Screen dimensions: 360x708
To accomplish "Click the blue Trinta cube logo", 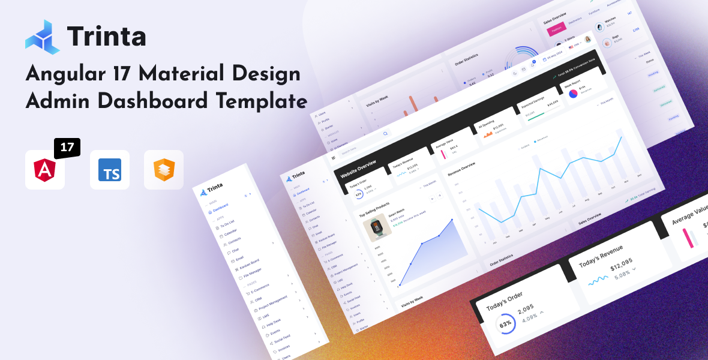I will [43, 36].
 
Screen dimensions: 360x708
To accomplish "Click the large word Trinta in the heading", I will [107, 36].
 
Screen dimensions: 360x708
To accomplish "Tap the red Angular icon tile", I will [45, 170].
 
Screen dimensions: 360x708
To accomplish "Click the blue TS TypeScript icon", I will [110, 170].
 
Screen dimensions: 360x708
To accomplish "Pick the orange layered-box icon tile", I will [164, 170].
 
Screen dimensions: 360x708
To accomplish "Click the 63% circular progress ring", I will [506, 325].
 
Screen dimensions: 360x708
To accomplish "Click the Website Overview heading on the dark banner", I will [358, 170].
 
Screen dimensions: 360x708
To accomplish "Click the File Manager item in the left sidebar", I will [253, 274].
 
